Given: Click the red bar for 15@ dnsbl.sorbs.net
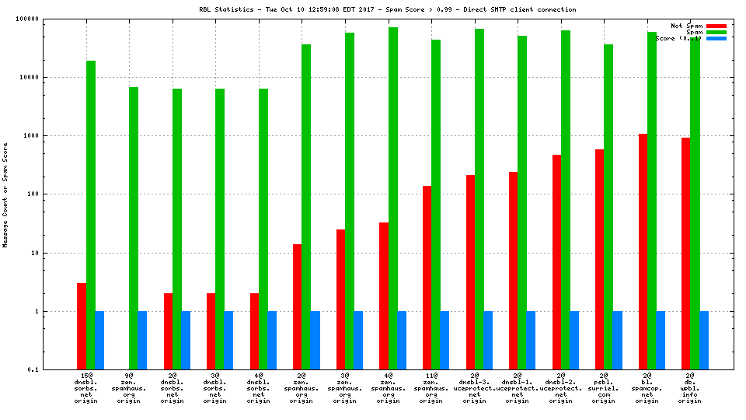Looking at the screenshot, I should (82, 326).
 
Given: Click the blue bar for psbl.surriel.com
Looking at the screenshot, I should (617, 340).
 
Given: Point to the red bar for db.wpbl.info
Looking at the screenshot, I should (685, 254).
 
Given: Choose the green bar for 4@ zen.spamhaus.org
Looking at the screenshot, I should (393, 198).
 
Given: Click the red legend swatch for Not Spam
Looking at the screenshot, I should (716, 26).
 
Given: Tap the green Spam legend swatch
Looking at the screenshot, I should (716, 32).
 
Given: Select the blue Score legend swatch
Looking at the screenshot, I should (716, 38).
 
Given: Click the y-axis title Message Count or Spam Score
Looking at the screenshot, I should (5, 194).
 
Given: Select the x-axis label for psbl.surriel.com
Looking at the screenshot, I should (604, 389).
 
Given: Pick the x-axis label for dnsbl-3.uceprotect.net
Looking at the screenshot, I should (475, 389).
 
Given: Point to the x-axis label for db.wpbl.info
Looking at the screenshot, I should (690, 389).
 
